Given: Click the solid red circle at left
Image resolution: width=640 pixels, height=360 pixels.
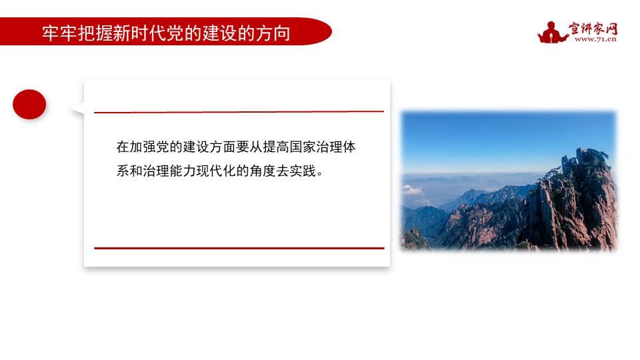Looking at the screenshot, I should click(29, 105).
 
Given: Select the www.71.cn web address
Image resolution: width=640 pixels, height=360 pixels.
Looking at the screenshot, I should click(595, 39).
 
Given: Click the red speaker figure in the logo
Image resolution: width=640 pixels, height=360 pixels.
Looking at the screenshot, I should click(551, 32).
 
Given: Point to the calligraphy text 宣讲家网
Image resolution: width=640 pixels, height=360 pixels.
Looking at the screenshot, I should click(593, 28).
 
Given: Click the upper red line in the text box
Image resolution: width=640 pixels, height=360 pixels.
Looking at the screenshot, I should click(239, 112).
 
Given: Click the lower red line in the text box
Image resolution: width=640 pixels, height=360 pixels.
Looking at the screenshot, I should click(239, 248).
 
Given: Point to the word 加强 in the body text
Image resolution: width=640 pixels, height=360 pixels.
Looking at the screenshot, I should click(143, 147).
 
